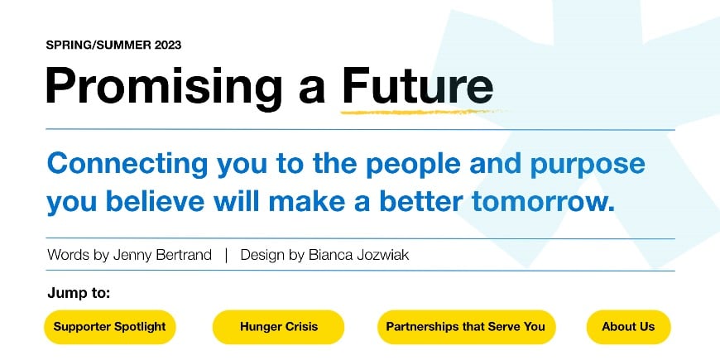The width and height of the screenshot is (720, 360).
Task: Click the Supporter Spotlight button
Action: coord(110,327)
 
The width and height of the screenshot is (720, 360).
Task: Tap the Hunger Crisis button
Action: coord(278,327)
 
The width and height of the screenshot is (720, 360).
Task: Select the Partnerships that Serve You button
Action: coord(466,327)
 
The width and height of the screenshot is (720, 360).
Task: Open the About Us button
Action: coord(628,327)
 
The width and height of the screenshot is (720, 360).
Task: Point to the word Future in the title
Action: coord(417,86)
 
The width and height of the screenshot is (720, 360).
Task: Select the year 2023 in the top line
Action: coord(168,45)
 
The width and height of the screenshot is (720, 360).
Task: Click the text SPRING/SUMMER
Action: coord(98,45)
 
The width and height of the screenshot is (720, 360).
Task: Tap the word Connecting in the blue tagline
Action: coord(127,165)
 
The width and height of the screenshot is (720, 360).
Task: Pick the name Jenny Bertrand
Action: coord(162,255)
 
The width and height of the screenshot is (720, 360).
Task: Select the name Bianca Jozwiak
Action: coord(358,255)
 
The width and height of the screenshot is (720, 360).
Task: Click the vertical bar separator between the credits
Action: coord(226,255)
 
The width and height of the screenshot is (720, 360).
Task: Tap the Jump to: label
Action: coord(79,293)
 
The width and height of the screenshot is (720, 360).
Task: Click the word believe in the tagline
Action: coord(156,202)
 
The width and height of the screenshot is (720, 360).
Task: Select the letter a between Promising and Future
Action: coord(312,92)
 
